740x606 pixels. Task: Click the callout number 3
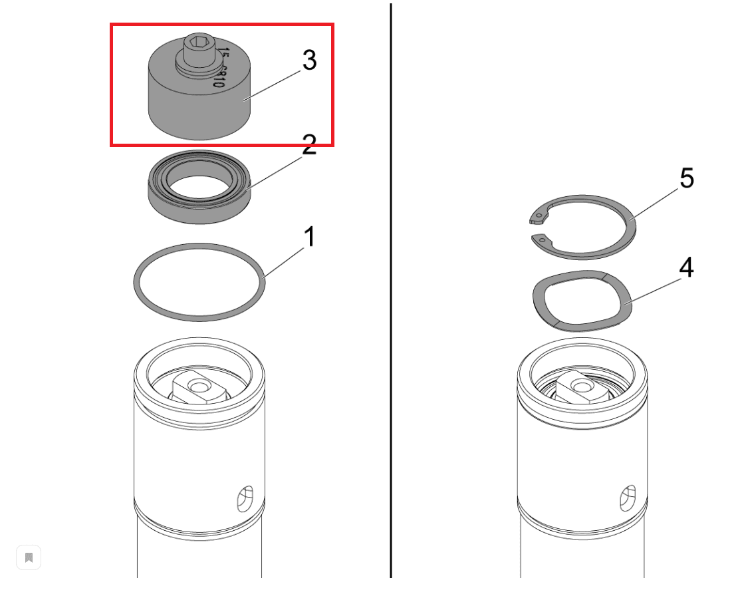(x=309, y=61)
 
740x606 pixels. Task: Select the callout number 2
(x=309, y=145)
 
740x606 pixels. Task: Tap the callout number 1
(x=309, y=237)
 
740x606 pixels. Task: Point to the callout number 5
(x=686, y=178)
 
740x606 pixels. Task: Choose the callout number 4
(x=686, y=267)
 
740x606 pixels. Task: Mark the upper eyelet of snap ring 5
(x=539, y=215)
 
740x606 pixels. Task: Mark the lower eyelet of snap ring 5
(x=542, y=239)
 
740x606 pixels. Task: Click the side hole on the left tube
(x=245, y=498)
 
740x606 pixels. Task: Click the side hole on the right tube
(x=628, y=498)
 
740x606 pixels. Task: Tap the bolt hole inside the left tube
(x=197, y=386)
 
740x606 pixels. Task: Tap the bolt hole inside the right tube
(x=581, y=386)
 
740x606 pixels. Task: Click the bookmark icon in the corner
(x=29, y=557)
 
